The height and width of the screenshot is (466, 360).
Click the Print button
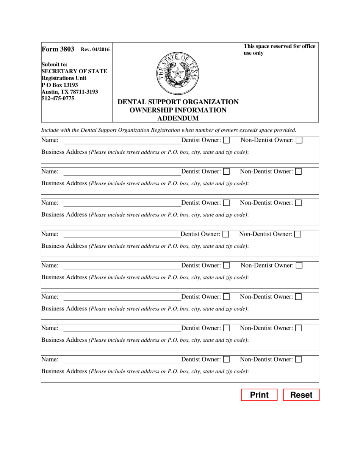(260, 395)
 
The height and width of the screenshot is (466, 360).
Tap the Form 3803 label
(58, 49)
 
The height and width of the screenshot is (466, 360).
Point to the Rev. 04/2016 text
(95, 50)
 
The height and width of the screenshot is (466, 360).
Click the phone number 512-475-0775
(58, 99)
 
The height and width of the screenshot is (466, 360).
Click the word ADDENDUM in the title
(178, 118)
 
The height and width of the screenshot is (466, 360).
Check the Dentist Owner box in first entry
(226, 141)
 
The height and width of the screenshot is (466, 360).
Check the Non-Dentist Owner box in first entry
(299, 141)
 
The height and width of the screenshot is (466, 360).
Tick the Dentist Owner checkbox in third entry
(226, 203)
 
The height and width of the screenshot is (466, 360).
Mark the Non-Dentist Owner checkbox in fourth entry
(297, 235)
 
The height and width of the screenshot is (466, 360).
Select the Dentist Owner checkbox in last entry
(226, 360)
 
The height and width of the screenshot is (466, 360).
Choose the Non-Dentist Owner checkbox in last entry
(298, 360)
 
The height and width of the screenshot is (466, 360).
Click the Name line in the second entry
(122, 172)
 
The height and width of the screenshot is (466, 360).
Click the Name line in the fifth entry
(122, 266)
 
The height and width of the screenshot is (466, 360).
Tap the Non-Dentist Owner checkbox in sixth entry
(298, 297)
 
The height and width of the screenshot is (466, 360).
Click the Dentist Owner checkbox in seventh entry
(226, 328)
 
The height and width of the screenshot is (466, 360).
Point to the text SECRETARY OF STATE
(74, 71)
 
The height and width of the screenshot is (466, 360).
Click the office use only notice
(279, 50)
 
